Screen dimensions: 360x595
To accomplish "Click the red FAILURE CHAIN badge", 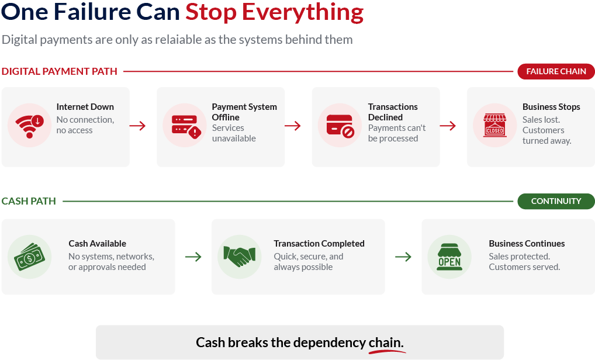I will click(x=556, y=71).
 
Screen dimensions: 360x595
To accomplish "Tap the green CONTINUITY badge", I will click(x=556, y=201).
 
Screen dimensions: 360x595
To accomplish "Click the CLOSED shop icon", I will click(x=494, y=126).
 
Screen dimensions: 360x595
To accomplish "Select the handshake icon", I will click(x=239, y=257).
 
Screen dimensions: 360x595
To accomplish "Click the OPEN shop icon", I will click(x=449, y=257).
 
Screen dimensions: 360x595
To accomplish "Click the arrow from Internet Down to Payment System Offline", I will click(x=138, y=126).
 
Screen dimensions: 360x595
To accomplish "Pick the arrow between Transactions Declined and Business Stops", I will click(x=448, y=126).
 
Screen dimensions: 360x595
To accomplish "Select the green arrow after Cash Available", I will click(x=193, y=257).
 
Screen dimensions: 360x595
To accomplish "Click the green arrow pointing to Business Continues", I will click(x=403, y=257).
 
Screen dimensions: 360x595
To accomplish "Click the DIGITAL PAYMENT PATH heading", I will click(x=59, y=71).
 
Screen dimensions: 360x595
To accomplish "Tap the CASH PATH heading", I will click(x=29, y=201).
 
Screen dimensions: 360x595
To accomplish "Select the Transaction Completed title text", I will click(x=319, y=244).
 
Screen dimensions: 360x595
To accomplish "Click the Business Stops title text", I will click(x=551, y=107).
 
